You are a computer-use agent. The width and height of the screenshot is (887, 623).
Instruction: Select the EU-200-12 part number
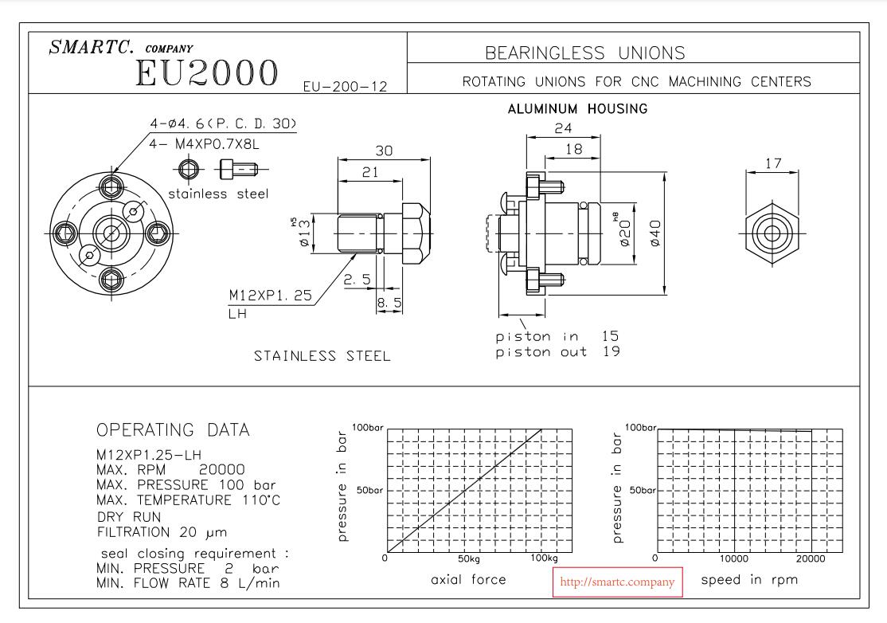(345, 86)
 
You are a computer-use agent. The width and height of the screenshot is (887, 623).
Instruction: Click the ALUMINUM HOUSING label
(577, 109)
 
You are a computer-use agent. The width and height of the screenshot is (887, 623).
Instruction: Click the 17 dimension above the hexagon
(772, 163)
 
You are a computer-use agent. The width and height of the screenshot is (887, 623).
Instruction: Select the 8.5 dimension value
(389, 303)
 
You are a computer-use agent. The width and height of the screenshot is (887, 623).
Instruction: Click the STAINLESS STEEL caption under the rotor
(322, 356)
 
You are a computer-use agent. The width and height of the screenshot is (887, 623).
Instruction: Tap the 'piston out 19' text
(557, 351)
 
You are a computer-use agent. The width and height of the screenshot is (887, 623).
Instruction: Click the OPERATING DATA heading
(173, 430)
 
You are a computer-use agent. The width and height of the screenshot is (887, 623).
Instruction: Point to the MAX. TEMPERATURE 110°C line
(188, 500)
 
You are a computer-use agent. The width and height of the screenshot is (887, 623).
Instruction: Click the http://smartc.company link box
(617, 582)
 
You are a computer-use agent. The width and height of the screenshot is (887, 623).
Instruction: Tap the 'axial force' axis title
(468, 579)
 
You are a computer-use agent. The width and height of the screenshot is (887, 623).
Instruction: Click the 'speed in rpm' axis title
(749, 579)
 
